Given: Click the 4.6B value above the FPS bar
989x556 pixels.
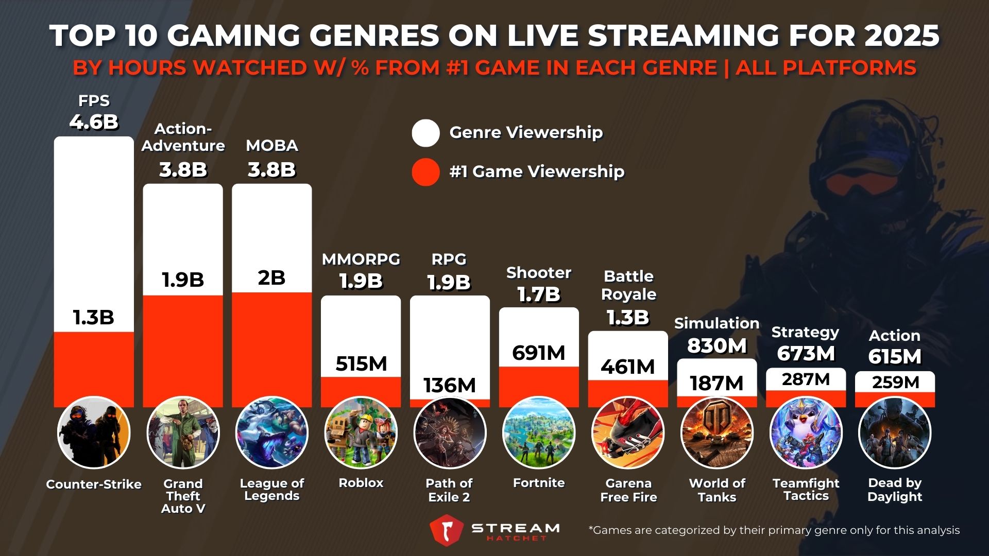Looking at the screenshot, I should (94, 123).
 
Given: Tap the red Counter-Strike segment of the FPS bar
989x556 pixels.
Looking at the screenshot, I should (94, 368).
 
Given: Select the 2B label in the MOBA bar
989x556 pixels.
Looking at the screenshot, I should (271, 278).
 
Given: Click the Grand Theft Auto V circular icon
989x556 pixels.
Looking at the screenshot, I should (183, 432).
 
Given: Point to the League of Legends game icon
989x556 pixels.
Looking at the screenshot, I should (271, 432).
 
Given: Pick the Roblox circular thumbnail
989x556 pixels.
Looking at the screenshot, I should (361, 432).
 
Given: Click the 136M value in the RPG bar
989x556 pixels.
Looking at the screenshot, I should (450, 385).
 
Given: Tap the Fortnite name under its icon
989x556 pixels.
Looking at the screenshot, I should (539, 483).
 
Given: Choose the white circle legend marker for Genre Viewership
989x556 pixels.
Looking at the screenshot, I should (425, 133).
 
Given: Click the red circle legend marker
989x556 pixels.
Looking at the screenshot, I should (425, 172).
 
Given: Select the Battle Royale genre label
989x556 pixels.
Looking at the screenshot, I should (628, 285).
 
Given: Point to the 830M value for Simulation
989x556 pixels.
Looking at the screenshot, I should (717, 345).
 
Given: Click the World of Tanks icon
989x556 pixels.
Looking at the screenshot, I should (717, 432).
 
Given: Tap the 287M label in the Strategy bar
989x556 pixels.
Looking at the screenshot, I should (806, 379).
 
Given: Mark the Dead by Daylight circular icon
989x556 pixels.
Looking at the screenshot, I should (895, 432).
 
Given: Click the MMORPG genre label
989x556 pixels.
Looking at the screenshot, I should (361, 259).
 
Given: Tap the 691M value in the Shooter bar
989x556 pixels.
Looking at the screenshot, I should (539, 353).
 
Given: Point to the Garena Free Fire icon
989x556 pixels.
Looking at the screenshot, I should (628, 432).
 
